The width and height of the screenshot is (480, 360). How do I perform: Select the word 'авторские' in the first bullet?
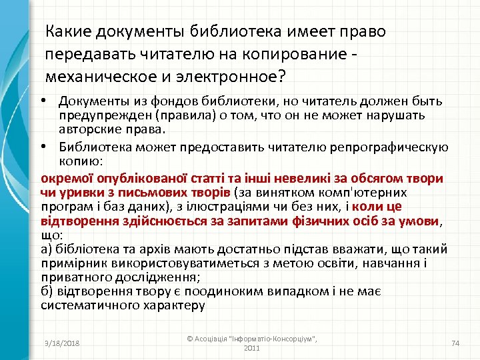(82, 127)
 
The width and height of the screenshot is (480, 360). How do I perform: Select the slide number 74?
(456, 343)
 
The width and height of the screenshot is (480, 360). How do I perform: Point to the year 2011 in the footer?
(252, 348)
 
